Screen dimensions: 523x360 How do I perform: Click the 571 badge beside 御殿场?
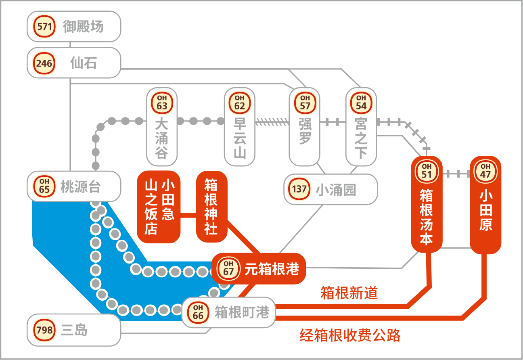point(44,26)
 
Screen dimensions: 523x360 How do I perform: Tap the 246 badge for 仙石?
point(44,63)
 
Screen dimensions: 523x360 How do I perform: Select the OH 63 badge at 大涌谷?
point(162,103)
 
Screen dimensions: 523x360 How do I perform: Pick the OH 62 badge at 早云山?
point(240,103)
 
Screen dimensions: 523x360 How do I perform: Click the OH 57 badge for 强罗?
point(305,103)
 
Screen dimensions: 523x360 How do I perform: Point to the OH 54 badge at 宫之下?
point(361,103)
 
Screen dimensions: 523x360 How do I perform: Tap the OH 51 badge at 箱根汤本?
point(427,172)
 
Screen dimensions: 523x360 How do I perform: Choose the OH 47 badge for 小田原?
point(485,172)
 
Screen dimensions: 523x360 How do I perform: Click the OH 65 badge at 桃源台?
point(44,186)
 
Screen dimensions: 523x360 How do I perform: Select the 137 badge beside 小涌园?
point(299,189)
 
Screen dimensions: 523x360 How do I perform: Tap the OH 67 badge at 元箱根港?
point(228,268)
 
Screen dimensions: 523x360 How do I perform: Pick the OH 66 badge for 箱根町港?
point(198,312)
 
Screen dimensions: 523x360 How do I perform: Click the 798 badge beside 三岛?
point(44,330)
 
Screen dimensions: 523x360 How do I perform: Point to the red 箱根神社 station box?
point(211,207)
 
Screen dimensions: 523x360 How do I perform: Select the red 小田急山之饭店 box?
point(159,207)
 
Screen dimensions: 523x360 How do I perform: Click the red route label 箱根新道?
point(349,293)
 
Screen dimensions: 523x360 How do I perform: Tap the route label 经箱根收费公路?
point(350,335)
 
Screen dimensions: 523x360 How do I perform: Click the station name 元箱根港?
point(272,269)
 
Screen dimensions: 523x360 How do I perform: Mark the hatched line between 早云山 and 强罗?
point(272,121)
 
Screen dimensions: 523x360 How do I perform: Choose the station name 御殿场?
point(83,26)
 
